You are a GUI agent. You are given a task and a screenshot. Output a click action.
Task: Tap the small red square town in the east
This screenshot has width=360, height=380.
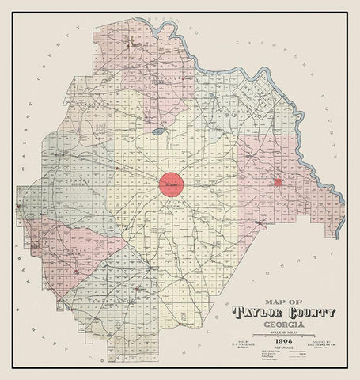point(278,183)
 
